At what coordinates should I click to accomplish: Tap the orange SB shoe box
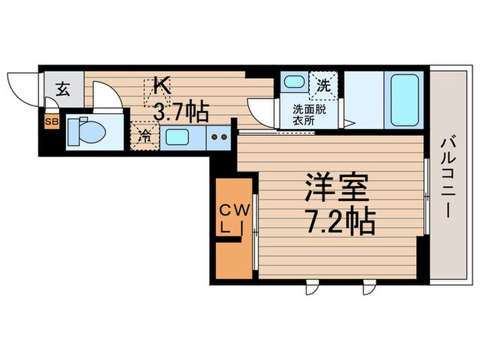51,123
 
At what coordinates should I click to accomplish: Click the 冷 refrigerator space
144,135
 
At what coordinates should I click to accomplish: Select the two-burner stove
219,136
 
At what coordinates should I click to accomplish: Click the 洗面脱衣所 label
309,114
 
